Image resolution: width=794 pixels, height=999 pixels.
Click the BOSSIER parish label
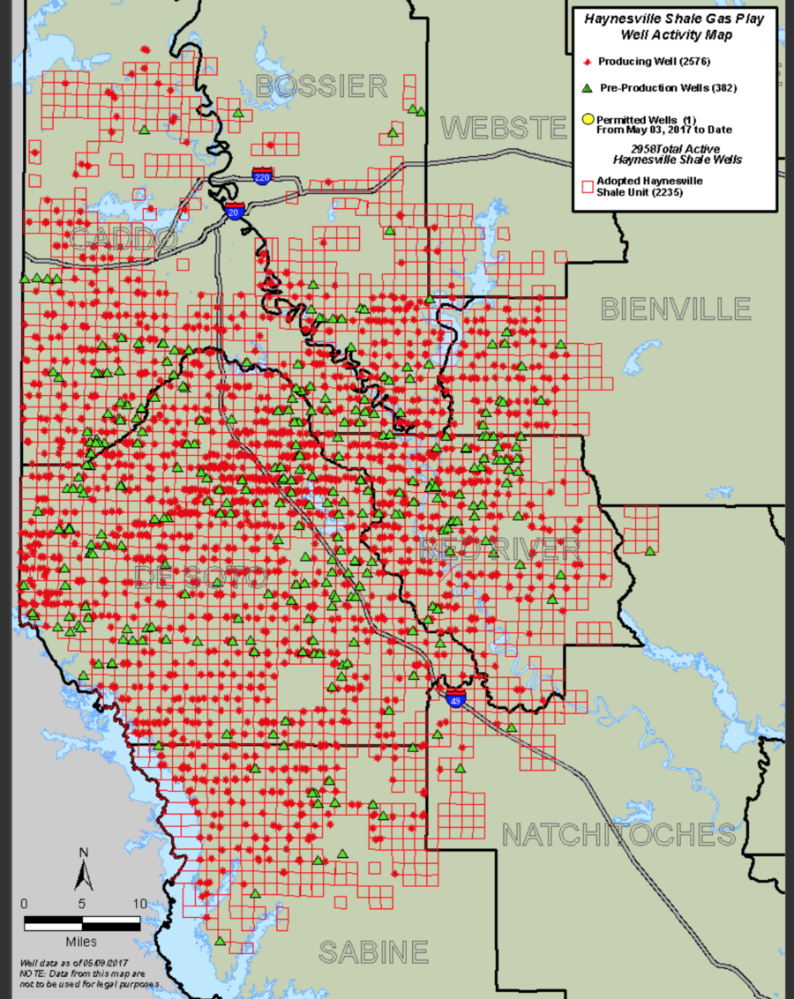[x=321, y=86]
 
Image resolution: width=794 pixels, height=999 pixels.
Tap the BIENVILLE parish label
[x=676, y=309]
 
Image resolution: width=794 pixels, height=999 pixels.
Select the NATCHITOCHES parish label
[x=618, y=833]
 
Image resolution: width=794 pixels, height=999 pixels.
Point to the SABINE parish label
[x=373, y=952]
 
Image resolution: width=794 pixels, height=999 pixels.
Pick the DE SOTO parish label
[x=201, y=578]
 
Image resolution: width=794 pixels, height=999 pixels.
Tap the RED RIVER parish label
[x=499, y=548]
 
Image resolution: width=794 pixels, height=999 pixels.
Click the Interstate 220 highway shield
[x=262, y=175]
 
